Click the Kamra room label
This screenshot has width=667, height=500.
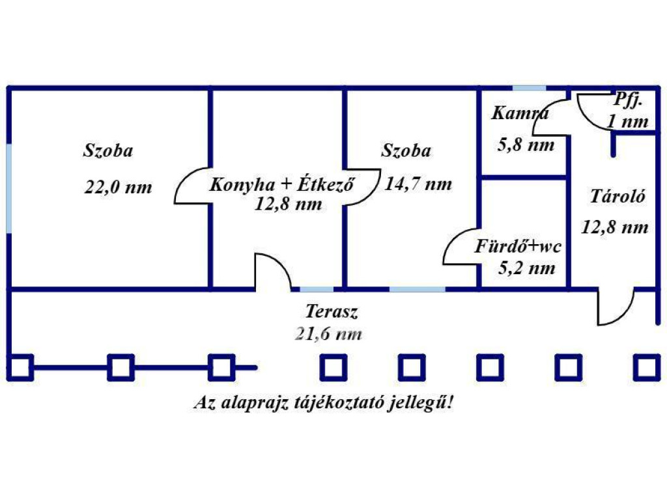[520, 113]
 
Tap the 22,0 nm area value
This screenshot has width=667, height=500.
[119, 187]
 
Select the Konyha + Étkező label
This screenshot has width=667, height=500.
[282, 184]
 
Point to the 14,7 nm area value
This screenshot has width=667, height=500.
[418, 184]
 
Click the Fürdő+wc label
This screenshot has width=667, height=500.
[518, 247]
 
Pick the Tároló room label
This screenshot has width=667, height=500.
[617, 196]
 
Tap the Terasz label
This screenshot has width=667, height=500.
[332, 312]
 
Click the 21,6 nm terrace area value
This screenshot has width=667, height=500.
[328, 334]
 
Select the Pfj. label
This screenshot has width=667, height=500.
[629, 100]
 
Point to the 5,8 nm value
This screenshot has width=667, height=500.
[526, 145]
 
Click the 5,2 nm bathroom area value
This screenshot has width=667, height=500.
[526, 268]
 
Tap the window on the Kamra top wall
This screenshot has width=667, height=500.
[529, 89]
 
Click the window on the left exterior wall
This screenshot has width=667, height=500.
[9, 189]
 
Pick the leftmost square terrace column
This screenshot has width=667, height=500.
[20, 367]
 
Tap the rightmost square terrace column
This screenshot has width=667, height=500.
[647, 367]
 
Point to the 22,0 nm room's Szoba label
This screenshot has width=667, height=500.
[108, 150]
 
